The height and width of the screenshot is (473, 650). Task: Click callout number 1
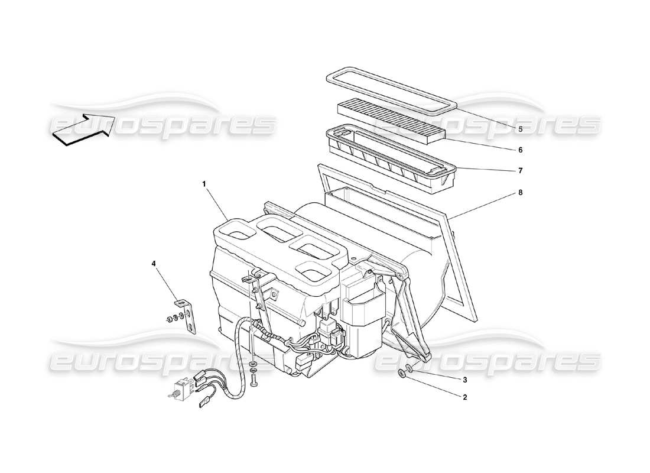pyautogui.click(x=204, y=184)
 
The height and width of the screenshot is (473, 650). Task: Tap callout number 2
pyautogui.click(x=464, y=397)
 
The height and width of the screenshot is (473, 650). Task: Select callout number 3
pyautogui.click(x=464, y=379)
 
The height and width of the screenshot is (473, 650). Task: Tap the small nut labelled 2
pyautogui.click(x=401, y=372)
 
